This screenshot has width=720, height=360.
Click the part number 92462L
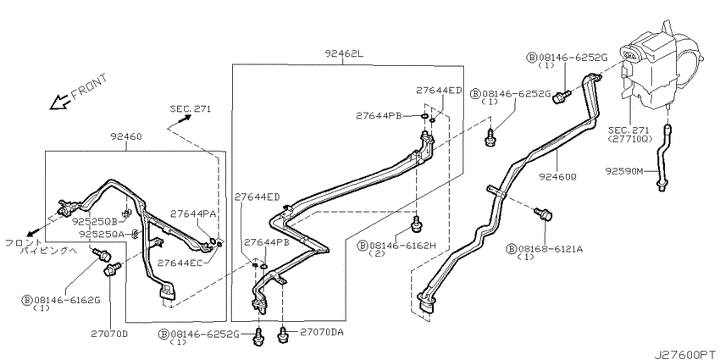point(344,53)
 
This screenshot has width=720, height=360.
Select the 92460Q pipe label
point(560,175)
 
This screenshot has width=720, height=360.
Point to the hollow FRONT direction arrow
point(59,102)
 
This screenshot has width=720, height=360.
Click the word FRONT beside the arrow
point(90,86)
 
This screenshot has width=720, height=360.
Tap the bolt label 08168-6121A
point(550,249)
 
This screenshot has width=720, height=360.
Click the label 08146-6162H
point(402,246)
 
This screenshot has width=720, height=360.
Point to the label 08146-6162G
point(67,301)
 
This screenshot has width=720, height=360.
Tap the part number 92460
point(126,136)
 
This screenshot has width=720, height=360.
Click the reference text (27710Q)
point(630,138)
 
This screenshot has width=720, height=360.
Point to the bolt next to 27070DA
point(282,334)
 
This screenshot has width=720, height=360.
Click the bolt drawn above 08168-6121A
point(543,214)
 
